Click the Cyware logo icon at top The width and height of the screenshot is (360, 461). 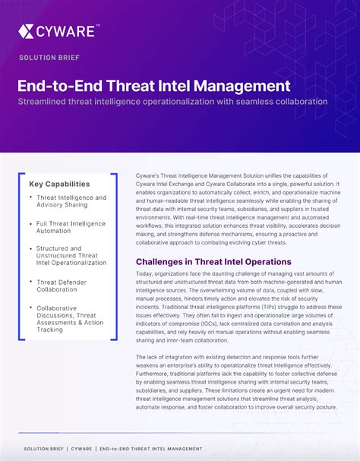(x=27, y=31)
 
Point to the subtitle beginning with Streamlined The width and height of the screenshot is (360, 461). (x=173, y=102)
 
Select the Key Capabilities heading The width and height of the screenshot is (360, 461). (x=59, y=184)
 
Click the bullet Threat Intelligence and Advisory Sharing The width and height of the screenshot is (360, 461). (x=71, y=201)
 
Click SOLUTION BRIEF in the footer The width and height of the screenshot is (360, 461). (x=43, y=449)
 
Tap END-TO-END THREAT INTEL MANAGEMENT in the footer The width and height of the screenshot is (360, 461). (x=150, y=449)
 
